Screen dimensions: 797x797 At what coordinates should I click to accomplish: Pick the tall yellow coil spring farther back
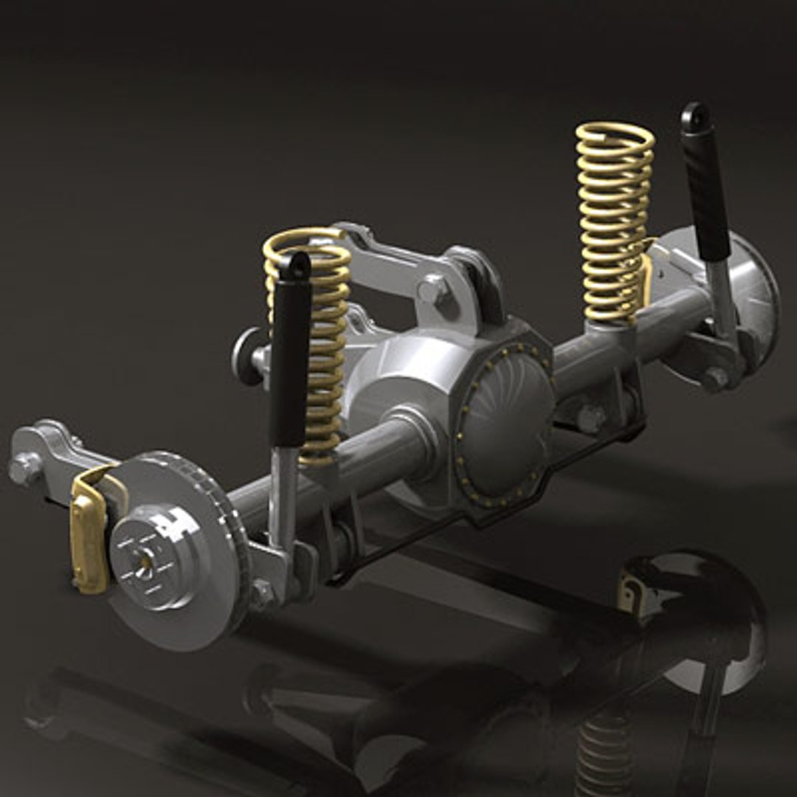(x=614, y=221)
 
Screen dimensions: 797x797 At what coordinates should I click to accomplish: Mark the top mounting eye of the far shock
(x=694, y=116)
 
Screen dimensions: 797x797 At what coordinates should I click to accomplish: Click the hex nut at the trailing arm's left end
(x=24, y=469)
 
